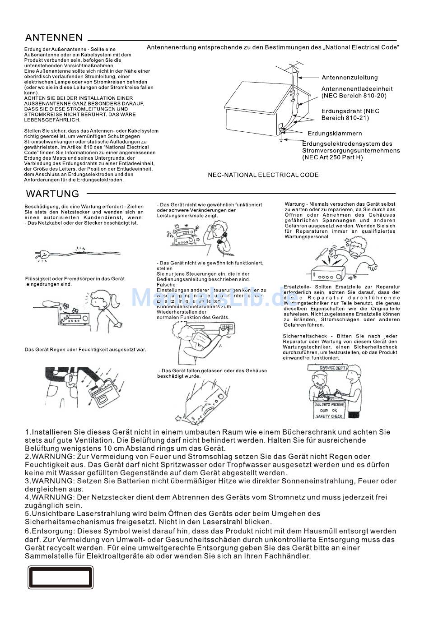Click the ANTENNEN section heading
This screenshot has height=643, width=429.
(x=54, y=37)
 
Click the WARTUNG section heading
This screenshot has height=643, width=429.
(x=52, y=194)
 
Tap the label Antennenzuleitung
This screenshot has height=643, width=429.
(x=350, y=78)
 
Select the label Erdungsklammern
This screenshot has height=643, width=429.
(x=335, y=134)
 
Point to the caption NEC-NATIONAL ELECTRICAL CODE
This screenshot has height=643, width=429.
(x=263, y=175)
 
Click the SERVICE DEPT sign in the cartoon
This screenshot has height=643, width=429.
(x=333, y=368)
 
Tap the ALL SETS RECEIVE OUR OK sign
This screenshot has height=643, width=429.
(x=329, y=410)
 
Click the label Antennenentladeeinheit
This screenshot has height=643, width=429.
(x=357, y=89)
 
